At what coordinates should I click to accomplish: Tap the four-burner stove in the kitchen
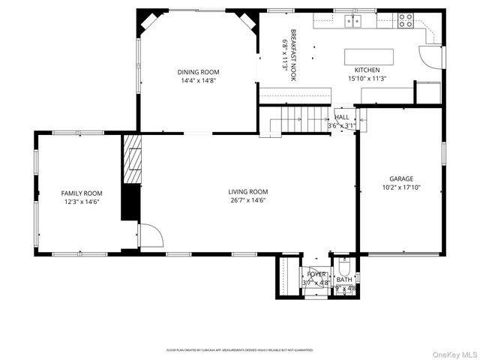(406, 21)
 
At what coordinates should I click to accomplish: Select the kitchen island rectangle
(368, 57)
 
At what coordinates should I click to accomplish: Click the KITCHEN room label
(367, 70)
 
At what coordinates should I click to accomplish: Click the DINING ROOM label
(198, 72)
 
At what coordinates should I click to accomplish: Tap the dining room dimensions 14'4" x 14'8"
(198, 80)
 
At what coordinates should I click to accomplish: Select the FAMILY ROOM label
(81, 193)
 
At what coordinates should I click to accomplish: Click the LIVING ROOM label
(247, 191)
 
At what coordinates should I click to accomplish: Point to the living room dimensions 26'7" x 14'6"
(247, 200)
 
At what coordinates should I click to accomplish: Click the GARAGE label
(400, 178)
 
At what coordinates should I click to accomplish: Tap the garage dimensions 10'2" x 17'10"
(400, 187)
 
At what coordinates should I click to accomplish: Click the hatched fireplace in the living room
(131, 158)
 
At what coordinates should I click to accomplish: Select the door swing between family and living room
(149, 235)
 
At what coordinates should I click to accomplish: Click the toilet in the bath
(343, 268)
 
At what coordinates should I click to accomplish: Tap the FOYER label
(316, 274)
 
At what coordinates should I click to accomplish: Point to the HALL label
(342, 118)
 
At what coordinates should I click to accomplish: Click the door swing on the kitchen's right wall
(430, 55)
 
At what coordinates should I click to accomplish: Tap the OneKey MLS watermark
(452, 353)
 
